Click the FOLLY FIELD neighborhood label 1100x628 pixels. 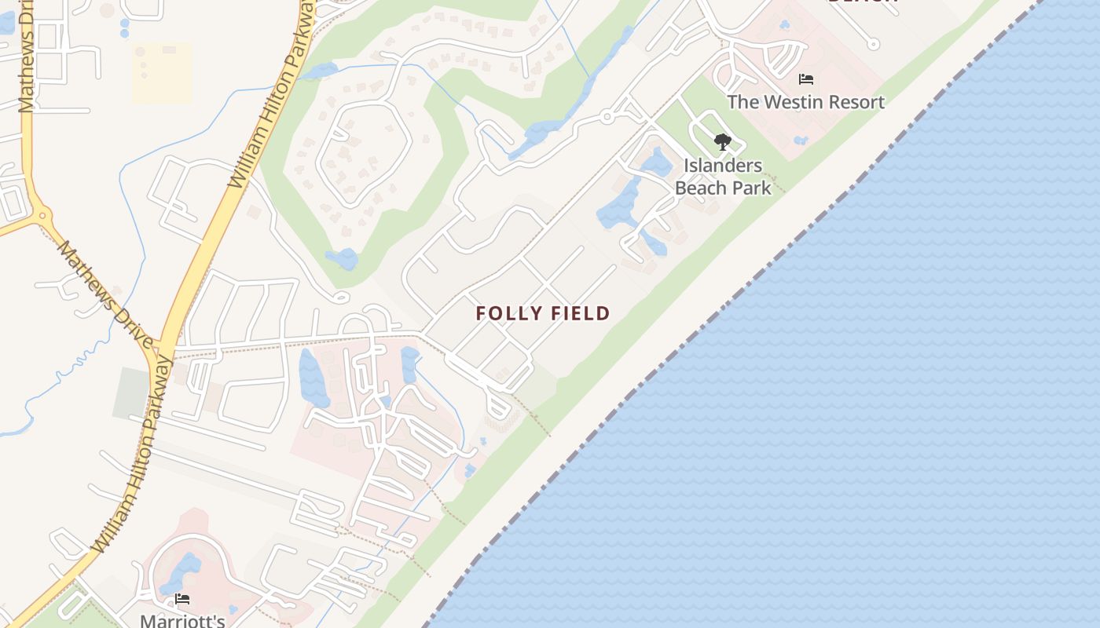(542, 313)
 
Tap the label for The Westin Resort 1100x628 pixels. (805, 102)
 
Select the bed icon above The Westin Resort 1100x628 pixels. (805, 79)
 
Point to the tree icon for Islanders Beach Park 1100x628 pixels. (722, 142)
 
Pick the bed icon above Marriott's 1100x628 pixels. (182, 599)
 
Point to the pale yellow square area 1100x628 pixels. (162, 73)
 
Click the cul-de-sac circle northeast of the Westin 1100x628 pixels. (873, 44)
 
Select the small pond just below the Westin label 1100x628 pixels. (800, 141)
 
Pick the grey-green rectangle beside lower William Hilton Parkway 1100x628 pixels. (130, 392)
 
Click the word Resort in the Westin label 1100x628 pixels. (852, 102)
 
